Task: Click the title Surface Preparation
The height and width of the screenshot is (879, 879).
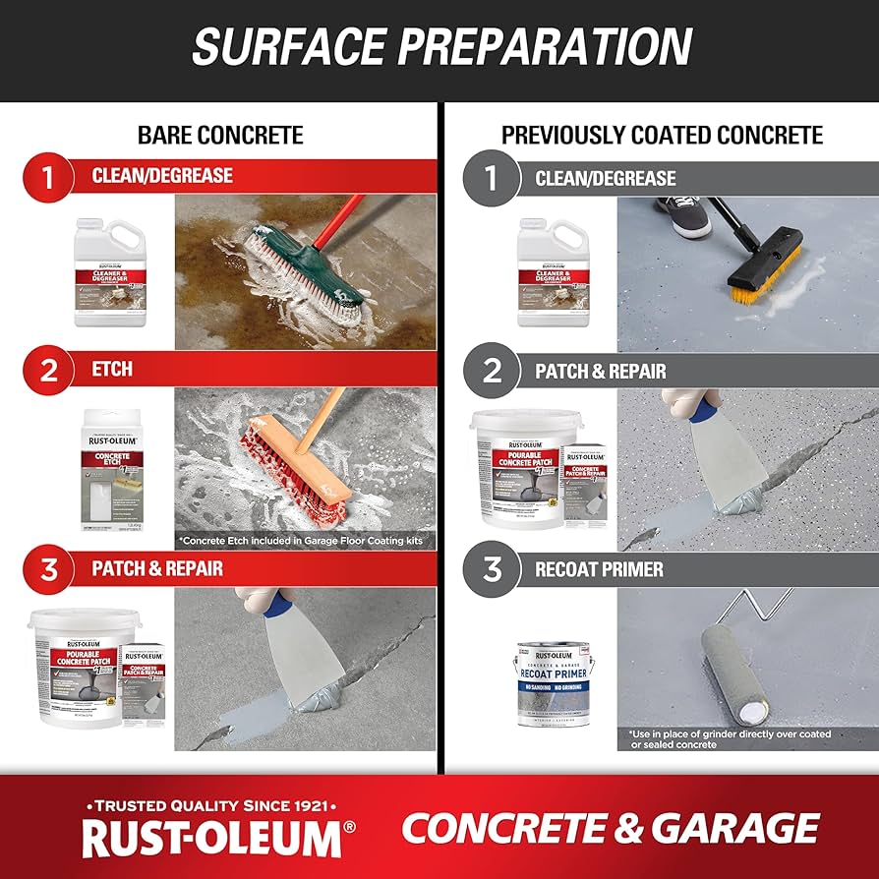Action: pos(440,47)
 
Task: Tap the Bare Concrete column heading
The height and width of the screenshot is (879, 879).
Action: pos(220,135)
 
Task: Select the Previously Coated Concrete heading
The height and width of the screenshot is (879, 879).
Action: pos(662,135)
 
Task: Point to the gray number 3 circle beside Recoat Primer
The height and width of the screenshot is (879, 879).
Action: pos(492,569)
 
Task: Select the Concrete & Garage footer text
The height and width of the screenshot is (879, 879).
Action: pos(610,828)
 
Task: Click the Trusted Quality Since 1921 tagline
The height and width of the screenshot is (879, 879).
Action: pos(211,801)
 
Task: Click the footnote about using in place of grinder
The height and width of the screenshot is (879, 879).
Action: pos(730,739)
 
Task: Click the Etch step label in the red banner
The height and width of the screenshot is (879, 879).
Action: pos(112,370)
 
